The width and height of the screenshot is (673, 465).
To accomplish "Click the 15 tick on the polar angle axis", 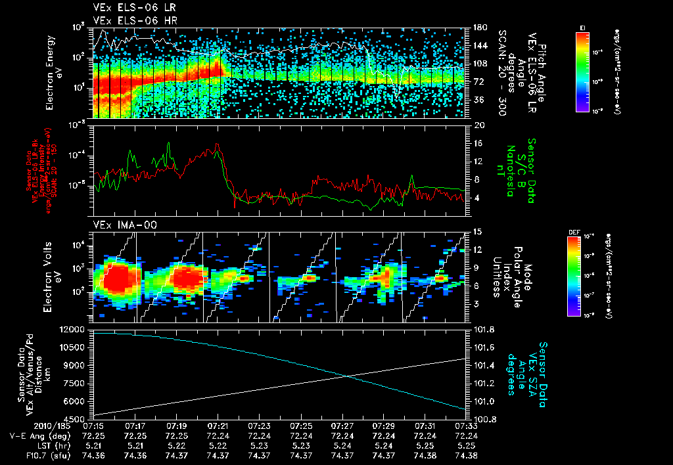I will (476, 231).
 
